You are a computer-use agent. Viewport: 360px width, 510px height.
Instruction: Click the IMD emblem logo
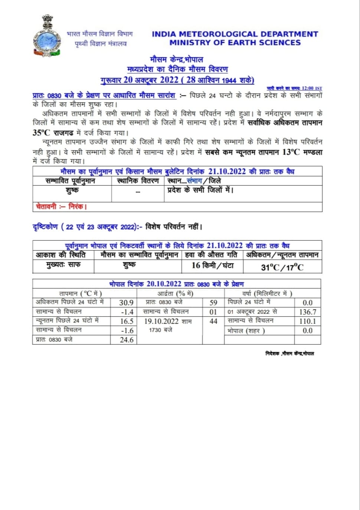click(47, 36)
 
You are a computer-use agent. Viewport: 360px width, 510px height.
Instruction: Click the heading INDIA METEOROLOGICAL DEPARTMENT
click(235, 34)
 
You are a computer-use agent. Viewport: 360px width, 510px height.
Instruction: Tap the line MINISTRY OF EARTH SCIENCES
click(235, 43)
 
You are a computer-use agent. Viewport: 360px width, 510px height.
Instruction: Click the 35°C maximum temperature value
click(41, 133)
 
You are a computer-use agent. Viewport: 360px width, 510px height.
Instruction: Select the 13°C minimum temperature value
click(291, 152)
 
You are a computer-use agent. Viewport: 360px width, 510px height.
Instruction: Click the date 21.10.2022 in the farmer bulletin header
click(227, 171)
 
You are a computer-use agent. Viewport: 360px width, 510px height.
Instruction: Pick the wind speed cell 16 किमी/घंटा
click(212, 266)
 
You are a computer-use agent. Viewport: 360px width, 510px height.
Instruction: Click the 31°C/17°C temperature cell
click(282, 267)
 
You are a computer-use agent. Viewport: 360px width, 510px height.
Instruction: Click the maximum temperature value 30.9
click(126, 303)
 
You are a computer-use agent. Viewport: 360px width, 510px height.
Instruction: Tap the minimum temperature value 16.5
click(127, 321)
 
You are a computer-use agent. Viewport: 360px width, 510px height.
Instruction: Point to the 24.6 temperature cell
click(127, 340)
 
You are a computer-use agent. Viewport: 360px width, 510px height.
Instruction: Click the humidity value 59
click(213, 303)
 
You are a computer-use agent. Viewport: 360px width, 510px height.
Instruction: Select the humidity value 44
click(213, 321)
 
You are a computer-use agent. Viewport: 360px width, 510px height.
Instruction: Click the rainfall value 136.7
click(308, 312)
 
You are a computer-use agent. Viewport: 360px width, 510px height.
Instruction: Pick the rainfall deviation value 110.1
click(308, 321)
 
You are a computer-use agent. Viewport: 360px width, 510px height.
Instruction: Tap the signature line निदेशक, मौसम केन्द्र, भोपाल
click(289, 353)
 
